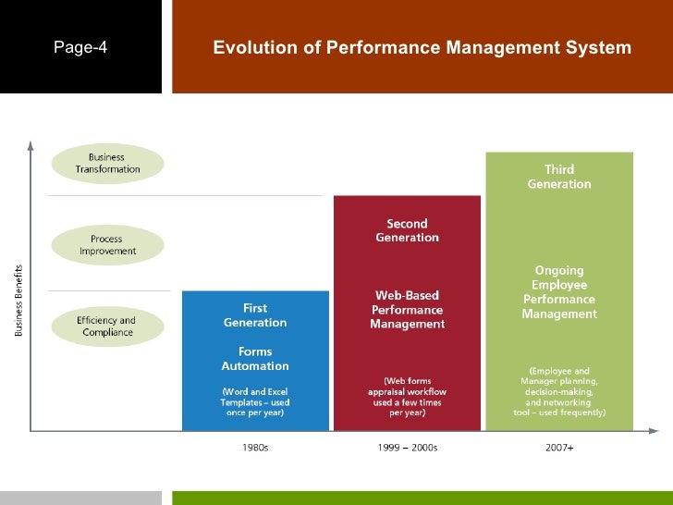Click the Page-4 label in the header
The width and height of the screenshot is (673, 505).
pyautogui.click(x=80, y=48)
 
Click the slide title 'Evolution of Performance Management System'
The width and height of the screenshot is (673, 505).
pyautogui.click(x=422, y=48)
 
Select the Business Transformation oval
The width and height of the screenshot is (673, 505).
pyautogui.click(x=107, y=163)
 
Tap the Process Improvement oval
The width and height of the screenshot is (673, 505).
pyautogui.click(x=107, y=245)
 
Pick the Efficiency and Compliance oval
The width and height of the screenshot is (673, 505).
pyautogui.click(x=107, y=326)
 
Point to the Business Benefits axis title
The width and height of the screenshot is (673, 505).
pyautogui.click(x=19, y=299)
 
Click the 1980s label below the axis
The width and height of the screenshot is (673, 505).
pyautogui.click(x=254, y=448)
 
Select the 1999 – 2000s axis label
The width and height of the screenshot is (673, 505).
pyautogui.click(x=407, y=448)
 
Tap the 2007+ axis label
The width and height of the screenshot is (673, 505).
pyautogui.click(x=558, y=448)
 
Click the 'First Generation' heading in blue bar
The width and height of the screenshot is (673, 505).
pyautogui.click(x=255, y=315)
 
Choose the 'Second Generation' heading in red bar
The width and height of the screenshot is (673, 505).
pyautogui.click(x=407, y=230)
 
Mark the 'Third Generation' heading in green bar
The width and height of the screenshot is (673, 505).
pyautogui.click(x=559, y=177)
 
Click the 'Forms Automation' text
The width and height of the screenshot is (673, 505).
pyautogui.click(x=255, y=359)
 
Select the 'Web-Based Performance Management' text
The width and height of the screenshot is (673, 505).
pyautogui.click(x=407, y=310)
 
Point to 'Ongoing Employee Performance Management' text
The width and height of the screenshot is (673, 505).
pyautogui.click(x=559, y=292)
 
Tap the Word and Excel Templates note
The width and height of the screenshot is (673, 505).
pyautogui.click(x=255, y=401)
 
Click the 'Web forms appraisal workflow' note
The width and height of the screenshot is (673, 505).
pyautogui.click(x=407, y=396)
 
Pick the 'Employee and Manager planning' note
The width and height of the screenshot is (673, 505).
pyautogui.click(x=559, y=392)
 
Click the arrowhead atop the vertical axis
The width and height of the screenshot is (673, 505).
pyautogui.click(x=31, y=144)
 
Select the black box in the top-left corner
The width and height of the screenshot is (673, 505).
pyautogui.click(x=80, y=46)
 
